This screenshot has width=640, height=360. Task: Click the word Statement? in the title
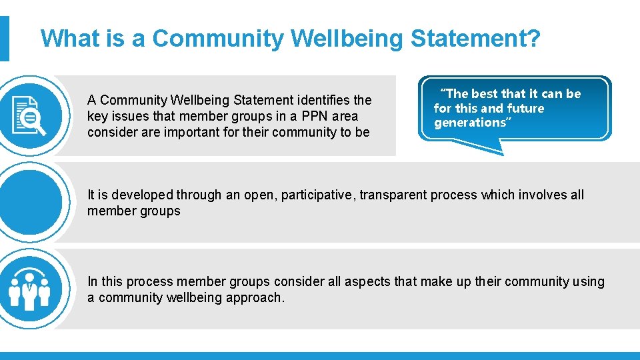click(475, 39)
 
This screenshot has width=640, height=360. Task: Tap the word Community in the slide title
click(217, 39)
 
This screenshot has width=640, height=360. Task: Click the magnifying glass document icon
click(29, 115)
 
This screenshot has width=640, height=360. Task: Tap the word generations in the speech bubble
click(470, 123)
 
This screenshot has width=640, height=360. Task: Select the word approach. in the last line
click(257, 297)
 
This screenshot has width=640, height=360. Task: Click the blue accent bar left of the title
click(4, 39)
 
